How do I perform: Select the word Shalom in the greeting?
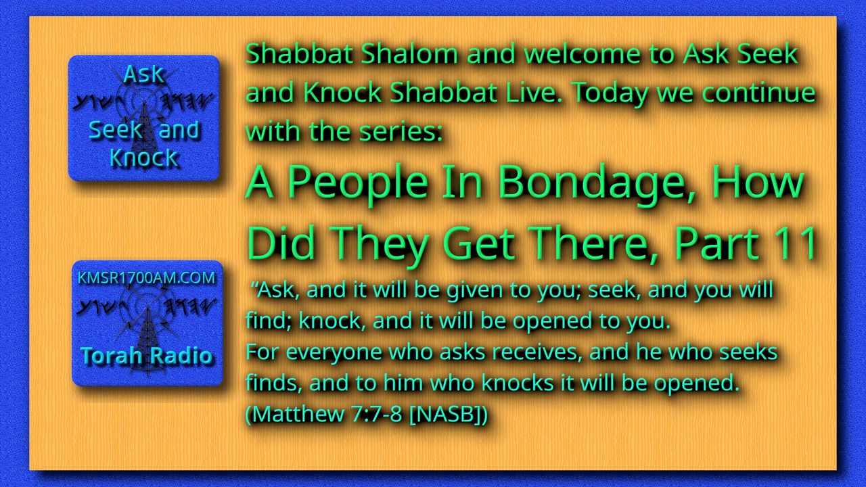(409, 53)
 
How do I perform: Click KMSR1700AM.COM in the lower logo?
(146, 278)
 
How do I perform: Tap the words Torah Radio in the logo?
(146, 356)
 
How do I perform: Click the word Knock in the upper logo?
(144, 158)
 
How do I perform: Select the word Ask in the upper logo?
(143, 74)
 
